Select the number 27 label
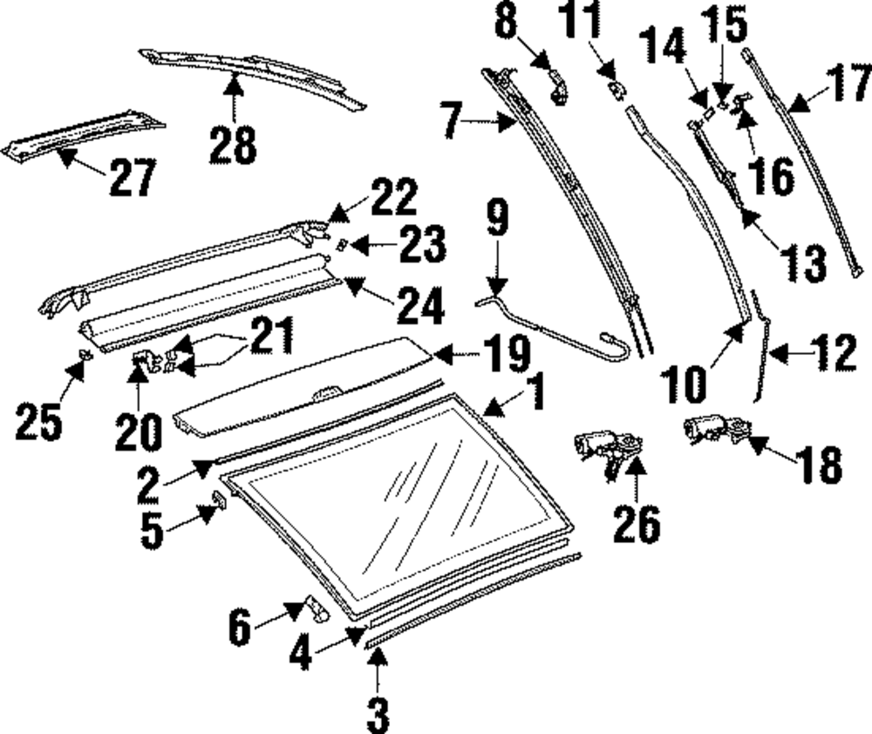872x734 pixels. pos(132,178)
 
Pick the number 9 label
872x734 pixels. pos(496,221)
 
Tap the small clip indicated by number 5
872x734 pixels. pos(219,498)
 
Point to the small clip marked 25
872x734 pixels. pos(85,355)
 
